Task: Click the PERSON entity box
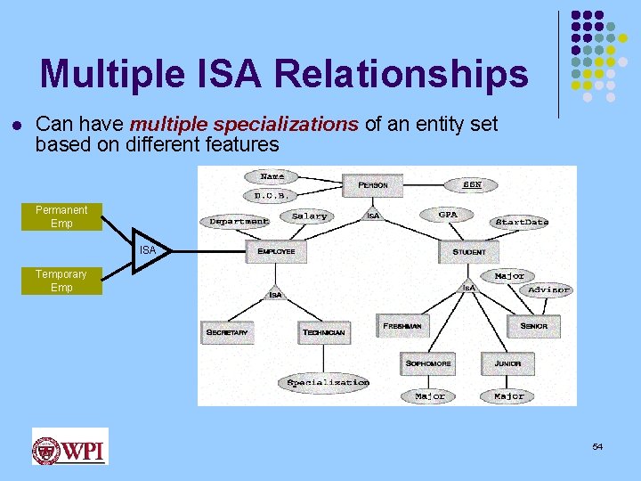tap(372, 185)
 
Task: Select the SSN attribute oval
tap(473, 184)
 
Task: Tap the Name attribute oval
tap(272, 176)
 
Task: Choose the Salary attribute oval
tap(309, 216)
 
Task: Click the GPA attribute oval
tap(448, 215)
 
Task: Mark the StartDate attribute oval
tap(522, 221)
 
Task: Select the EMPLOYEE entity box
tap(276, 251)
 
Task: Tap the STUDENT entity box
tap(469, 251)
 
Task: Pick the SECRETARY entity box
tap(227, 332)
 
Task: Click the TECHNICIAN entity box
tap(324, 332)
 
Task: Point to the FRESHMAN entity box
tap(402, 326)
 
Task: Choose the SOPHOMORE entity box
tap(428, 363)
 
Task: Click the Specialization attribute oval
tap(328, 382)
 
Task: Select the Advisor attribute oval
tap(548, 289)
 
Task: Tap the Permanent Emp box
tap(61, 216)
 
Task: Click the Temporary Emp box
tap(61, 281)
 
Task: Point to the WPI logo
tap(69, 446)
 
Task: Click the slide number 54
tap(597, 446)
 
